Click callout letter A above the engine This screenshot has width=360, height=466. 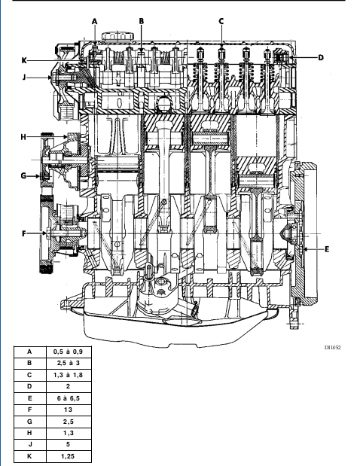click(95, 21)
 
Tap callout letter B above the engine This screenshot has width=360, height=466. click(141, 21)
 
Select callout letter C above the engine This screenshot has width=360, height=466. click(221, 21)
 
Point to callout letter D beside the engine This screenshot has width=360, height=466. click(321, 58)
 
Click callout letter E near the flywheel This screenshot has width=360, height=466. click(327, 249)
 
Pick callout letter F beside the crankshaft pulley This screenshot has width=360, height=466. click(24, 233)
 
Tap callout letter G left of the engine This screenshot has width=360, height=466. click(23, 175)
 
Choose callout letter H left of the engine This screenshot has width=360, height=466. click(23, 137)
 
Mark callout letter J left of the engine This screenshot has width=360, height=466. click(24, 78)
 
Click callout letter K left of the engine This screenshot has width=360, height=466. click(24, 61)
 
